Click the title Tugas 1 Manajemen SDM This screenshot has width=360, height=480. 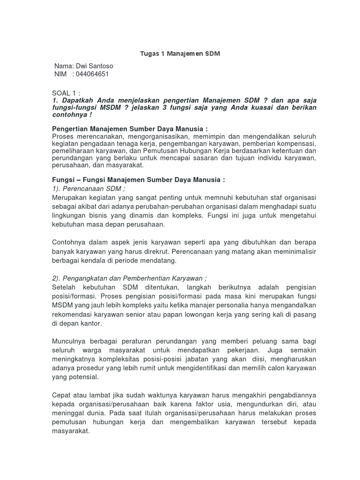[x=180, y=54]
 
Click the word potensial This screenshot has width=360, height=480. [x=82, y=376]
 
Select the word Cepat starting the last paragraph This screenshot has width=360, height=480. [x=61, y=395]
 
